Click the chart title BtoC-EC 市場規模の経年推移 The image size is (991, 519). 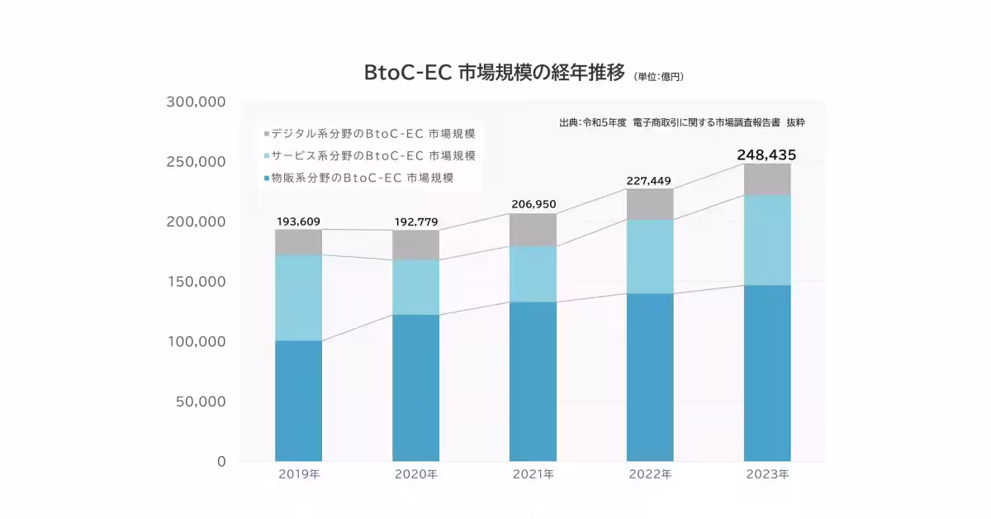pyautogui.click(x=495, y=73)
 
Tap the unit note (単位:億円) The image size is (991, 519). pyautogui.click(x=659, y=77)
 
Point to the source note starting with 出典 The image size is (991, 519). pyautogui.click(x=681, y=122)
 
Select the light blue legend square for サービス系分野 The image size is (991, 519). pyautogui.click(x=266, y=156)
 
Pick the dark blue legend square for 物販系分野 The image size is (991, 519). pyautogui.click(x=266, y=179)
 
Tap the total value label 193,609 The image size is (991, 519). pyautogui.click(x=298, y=221)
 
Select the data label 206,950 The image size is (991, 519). pyautogui.click(x=533, y=203)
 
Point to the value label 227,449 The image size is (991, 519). pyautogui.click(x=650, y=179)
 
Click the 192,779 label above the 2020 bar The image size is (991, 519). pyautogui.click(x=415, y=222)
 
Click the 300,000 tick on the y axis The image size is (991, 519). pyautogui.click(x=196, y=102)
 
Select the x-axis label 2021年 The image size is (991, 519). pyautogui.click(x=533, y=475)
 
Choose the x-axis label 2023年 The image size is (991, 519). pyautogui.click(x=767, y=475)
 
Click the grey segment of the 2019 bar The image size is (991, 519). pyautogui.click(x=298, y=242)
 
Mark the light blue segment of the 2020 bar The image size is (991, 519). pyautogui.click(x=415, y=288)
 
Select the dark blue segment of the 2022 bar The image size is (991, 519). pyautogui.click(x=650, y=377)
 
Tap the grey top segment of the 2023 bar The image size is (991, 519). pyautogui.click(x=767, y=179)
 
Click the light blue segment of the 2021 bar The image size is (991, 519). pyautogui.click(x=533, y=274)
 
